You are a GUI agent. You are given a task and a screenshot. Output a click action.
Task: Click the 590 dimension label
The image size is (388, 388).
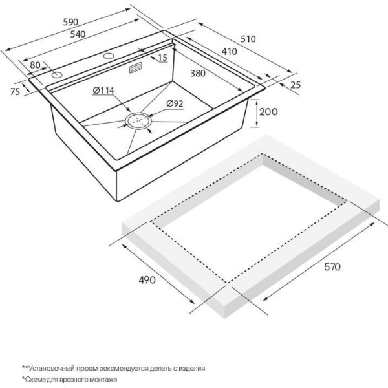tap(70, 22)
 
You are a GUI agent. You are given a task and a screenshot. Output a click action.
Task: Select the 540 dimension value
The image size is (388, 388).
tap(78, 34)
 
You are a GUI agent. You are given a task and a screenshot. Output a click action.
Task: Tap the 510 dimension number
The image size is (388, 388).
tap(248, 39)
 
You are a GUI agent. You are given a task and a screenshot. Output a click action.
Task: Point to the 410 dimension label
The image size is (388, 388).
tap(229, 52)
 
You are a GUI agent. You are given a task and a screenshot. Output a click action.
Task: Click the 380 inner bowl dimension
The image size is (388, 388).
tap(198, 73)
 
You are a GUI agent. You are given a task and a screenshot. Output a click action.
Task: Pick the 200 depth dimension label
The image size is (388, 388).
tap(268, 112)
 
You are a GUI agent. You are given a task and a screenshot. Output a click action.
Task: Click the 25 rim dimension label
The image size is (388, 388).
tap(296, 85)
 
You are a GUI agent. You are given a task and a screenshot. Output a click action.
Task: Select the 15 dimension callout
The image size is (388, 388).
tap(162, 58)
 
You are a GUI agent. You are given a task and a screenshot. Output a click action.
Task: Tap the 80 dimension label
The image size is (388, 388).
tap(35, 65)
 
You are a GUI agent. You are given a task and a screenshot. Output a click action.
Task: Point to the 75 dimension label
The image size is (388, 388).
tap(15, 92)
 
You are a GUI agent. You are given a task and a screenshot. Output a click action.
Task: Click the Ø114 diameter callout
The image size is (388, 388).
tap(103, 91)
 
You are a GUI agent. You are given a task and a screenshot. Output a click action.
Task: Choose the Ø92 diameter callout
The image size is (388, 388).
tap(175, 103)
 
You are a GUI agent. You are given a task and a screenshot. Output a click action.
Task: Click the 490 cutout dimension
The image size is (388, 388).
tap(147, 280)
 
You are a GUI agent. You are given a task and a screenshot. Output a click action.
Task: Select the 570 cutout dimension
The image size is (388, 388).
tap(332, 267)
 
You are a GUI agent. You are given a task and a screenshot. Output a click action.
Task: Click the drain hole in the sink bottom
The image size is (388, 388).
tap(138, 122)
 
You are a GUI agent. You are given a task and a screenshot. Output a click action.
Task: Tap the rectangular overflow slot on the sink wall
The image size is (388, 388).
tap(136, 68)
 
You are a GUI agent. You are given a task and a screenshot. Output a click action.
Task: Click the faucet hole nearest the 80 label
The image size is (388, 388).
tap(57, 75)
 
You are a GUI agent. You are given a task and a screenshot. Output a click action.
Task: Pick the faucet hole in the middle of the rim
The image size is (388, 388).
tap(108, 56)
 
